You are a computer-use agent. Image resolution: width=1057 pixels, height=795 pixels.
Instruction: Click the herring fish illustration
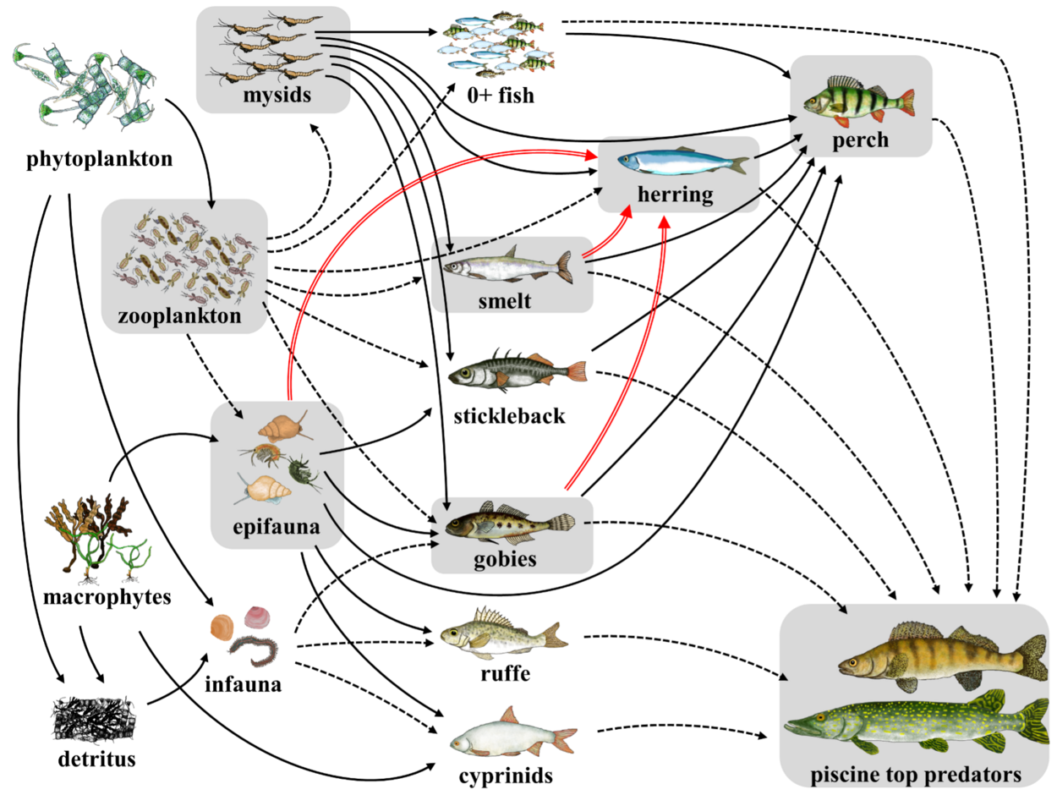[x=682, y=162]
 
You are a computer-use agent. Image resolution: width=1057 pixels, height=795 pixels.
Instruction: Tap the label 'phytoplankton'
[x=100, y=159]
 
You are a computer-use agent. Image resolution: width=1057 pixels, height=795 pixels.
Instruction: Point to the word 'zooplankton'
[x=179, y=317]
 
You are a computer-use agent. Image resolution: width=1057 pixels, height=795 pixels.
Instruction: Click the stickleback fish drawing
[x=516, y=371]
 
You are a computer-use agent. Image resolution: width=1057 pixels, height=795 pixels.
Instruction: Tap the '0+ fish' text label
[x=501, y=95]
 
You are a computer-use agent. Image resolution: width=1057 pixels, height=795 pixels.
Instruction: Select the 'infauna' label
[x=244, y=684]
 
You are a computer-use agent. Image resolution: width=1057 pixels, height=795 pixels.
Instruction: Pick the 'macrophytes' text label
[x=107, y=597]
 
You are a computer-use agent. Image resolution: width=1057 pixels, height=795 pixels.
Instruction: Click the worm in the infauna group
[x=254, y=650]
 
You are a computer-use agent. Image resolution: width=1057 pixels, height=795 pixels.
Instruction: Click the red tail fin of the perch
[x=905, y=101]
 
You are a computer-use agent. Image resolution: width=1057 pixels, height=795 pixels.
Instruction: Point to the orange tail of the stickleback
[x=576, y=371]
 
